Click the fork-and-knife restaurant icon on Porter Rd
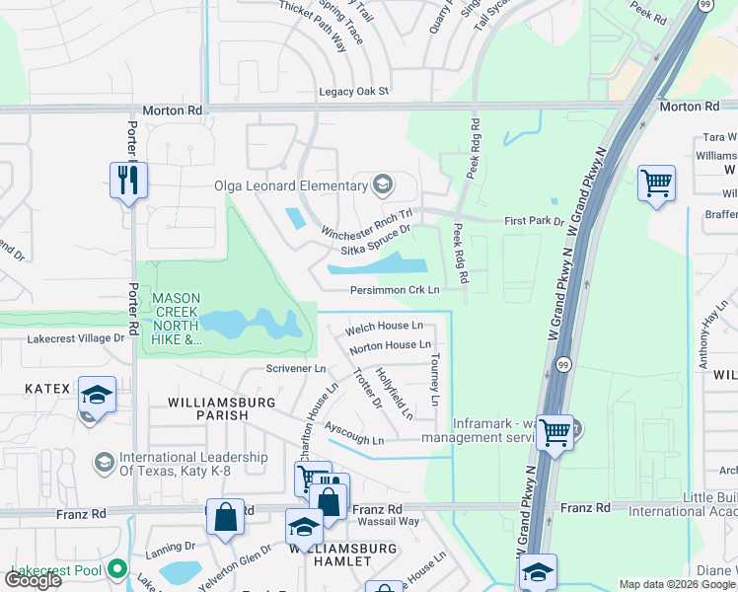[x=128, y=181]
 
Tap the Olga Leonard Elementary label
[x=291, y=185]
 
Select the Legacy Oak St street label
[x=354, y=92]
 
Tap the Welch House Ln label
[x=384, y=326]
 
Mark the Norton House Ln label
[x=390, y=345]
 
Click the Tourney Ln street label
[x=434, y=380]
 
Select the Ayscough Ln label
[x=354, y=434]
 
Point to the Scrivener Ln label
[x=296, y=368]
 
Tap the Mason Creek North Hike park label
[x=178, y=318]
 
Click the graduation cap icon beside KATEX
[x=96, y=395]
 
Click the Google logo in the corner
[x=34, y=580]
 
